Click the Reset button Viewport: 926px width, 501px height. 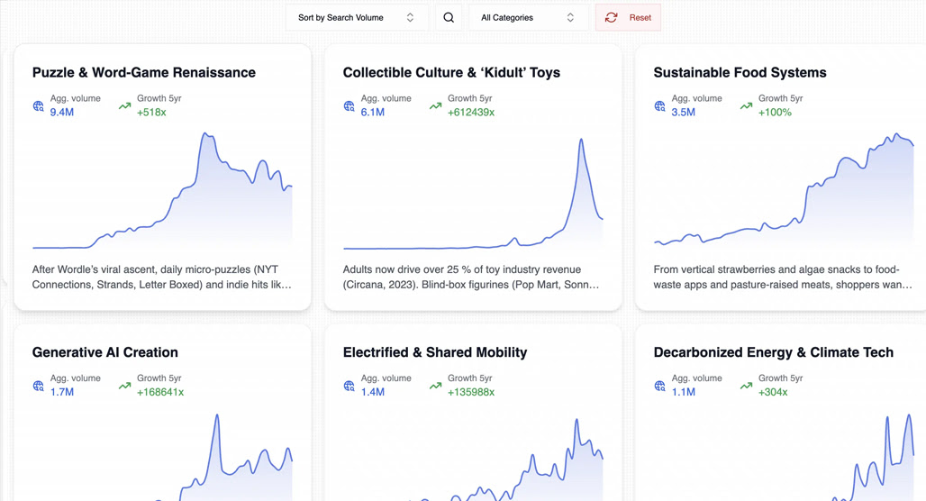coord(628,18)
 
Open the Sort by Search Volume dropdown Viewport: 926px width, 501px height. coord(357,18)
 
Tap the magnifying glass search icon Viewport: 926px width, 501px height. coord(449,18)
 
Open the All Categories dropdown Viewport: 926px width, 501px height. coord(528,18)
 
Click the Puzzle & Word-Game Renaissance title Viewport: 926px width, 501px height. coord(144,73)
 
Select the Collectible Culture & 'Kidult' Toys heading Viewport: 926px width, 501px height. coord(452,73)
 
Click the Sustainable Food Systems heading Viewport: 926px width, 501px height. coord(740,73)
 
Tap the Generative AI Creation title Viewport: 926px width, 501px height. coord(105,352)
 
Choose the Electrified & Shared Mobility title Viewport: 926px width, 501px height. coord(435,352)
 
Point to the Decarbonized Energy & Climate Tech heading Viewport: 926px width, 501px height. coord(774,352)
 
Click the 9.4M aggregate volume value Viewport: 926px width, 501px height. coord(62,113)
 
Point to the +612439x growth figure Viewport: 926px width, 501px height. coord(471,113)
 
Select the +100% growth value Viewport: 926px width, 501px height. coord(775,113)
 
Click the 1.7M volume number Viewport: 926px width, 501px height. coord(62,392)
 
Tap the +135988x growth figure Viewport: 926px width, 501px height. coord(471,392)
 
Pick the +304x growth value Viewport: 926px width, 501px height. coord(773,392)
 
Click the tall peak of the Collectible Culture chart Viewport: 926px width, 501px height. coord(581,140)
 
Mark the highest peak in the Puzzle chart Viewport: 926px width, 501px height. coord(205,134)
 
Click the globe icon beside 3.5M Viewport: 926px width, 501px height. coord(659,106)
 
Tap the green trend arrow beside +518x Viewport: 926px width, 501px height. coord(124,106)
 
